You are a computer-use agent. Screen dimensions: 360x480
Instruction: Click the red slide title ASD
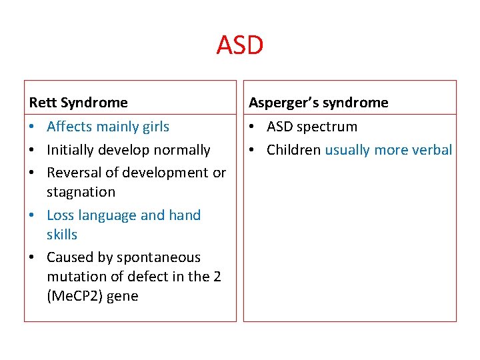click(x=240, y=46)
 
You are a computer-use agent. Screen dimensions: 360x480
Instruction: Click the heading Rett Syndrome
click(x=78, y=103)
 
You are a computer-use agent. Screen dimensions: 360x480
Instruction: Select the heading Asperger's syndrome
click(x=318, y=103)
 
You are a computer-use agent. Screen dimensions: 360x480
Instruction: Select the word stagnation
click(x=81, y=192)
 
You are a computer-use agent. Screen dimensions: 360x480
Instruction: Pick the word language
click(x=108, y=215)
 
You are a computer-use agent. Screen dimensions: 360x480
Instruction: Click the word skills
click(x=62, y=235)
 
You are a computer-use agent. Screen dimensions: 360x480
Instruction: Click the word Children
click(x=293, y=150)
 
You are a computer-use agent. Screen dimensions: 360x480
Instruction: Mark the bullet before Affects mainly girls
click(x=33, y=127)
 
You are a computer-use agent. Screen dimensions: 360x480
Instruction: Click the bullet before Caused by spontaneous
click(x=33, y=257)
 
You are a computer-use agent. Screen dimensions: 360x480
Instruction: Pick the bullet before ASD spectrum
click(x=253, y=127)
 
